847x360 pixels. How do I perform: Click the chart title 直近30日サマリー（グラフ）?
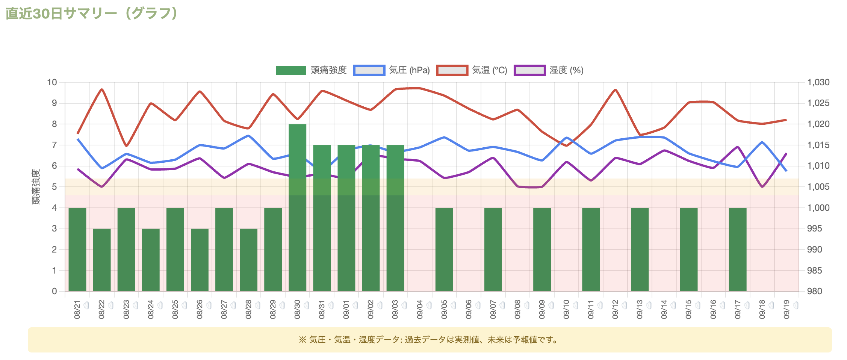click(x=91, y=14)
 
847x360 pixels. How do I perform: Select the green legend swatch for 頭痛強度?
click(x=291, y=70)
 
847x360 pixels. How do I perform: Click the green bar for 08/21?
click(x=77, y=250)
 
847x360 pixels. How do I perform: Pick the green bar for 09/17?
click(x=738, y=250)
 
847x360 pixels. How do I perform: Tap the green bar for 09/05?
click(x=444, y=250)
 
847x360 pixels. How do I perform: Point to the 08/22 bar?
click(x=102, y=260)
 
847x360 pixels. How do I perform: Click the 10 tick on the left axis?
click(x=52, y=82)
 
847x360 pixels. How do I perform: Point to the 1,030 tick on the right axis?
click(x=818, y=82)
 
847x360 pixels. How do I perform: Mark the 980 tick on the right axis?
click(x=814, y=291)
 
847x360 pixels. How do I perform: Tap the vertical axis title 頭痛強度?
click(x=36, y=187)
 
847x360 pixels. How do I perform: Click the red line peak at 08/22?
click(x=102, y=89)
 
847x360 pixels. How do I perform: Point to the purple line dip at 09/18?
click(x=762, y=187)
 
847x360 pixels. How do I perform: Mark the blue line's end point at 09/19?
click(x=786, y=171)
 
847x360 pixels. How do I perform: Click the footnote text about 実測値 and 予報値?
click(x=430, y=340)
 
